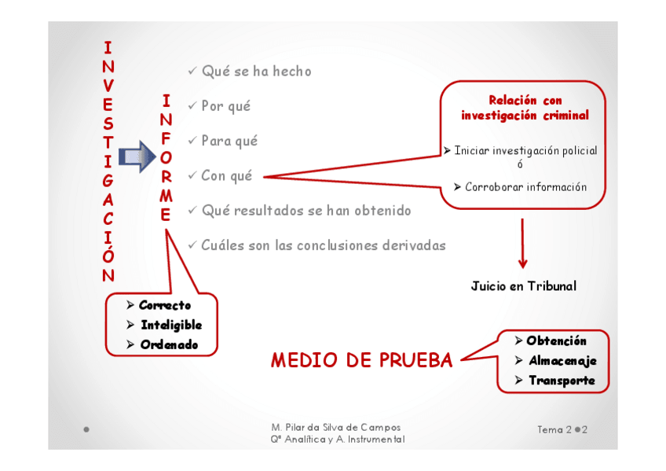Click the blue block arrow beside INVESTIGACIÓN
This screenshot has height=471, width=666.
tap(137, 157)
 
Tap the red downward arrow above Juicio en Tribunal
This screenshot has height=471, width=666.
tap(522, 244)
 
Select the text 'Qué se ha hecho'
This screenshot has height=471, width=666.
tap(256, 72)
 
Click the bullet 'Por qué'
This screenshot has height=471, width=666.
tap(225, 106)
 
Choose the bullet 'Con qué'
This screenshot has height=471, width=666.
tap(226, 176)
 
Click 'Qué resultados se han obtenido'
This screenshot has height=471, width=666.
tap(306, 211)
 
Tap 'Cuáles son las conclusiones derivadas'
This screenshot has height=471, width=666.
tap(323, 245)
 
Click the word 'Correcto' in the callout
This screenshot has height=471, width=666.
tap(165, 305)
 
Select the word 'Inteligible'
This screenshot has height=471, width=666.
tap(171, 325)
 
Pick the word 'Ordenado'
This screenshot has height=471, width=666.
tap(169, 344)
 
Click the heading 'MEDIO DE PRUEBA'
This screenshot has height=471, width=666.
tap(361, 361)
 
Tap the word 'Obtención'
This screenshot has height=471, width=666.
tap(556, 341)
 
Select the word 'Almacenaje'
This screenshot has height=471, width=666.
tap(562, 361)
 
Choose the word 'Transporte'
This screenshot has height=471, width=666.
tap(562, 381)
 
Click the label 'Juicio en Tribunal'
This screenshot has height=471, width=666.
tap(523, 286)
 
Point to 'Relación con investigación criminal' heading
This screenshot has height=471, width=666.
tap(525, 108)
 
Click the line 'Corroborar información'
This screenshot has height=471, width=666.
tap(525, 187)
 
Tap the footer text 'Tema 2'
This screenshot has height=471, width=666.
tap(554, 430)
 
